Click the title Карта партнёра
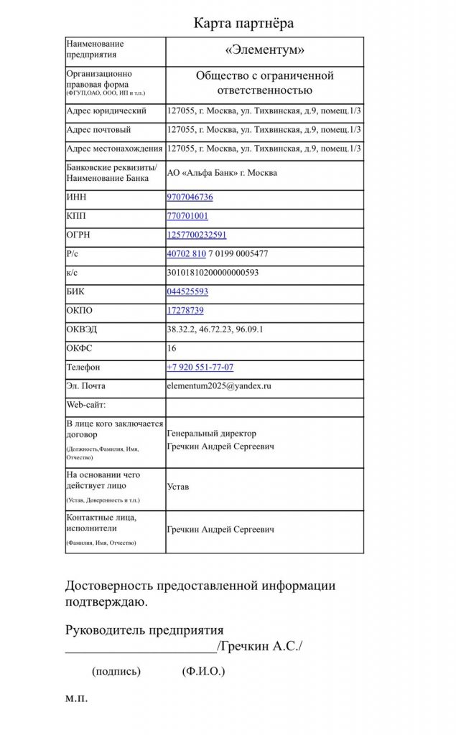[x=243, y=23]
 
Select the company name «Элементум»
[x=265, y=50]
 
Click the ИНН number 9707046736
[x=190, y=197]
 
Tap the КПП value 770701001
[x=187, y=215]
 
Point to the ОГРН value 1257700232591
[x=196, y=235]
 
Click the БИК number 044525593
[x=187, y=291]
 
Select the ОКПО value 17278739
[x=185, y=310]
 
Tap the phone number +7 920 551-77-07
[x=200, y=367]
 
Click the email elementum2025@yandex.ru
[x=218, y=385]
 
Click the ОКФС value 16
[x=172, y=347]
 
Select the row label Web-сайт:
[x=85, y=405]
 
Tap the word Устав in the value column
[x=178, y=487]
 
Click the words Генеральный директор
[x=211, y=434]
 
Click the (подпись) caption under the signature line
[x=116, y=672]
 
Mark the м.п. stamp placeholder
[x=76, y=698]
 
